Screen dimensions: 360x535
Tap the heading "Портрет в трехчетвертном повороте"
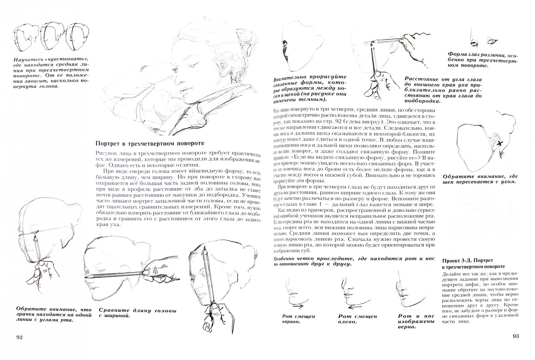149,144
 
